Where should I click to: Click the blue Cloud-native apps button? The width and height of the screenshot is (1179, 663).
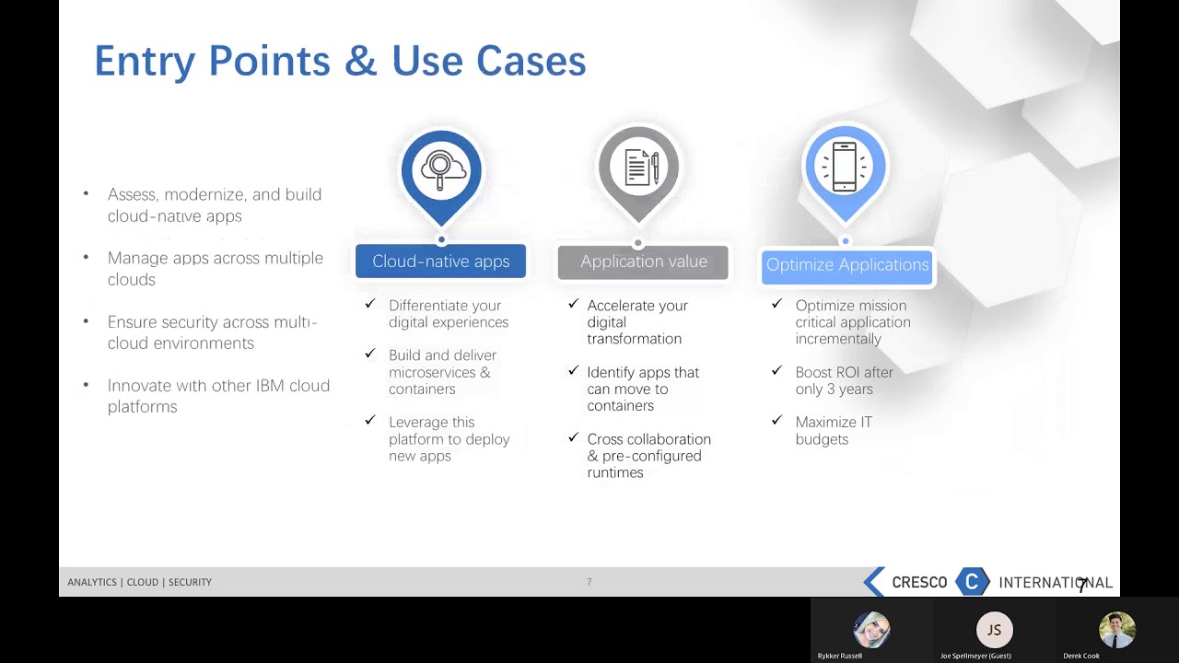tap(440, 262)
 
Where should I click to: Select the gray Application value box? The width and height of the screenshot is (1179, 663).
tap(643, 262)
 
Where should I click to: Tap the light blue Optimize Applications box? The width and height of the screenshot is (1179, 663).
tap(847, 265)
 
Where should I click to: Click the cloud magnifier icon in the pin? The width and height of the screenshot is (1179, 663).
tap(441, 169)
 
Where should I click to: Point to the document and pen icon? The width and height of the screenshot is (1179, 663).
tap(639, 168)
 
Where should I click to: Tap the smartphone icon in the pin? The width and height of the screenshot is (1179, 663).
tap(845, 168)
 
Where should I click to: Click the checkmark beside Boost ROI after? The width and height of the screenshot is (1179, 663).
tap(776, 371)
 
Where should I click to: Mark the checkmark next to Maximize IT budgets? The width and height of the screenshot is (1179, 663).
tap(776, 421)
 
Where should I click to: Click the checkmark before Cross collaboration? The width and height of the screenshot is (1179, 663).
tap(573, 437)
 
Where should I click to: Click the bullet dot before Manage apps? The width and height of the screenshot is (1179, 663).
tap(86, 258)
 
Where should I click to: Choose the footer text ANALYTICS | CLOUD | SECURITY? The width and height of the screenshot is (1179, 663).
tap(139, 582)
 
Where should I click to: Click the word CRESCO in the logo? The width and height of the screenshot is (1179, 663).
tap(919, 582)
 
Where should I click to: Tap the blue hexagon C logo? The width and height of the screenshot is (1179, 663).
tap(972, 581)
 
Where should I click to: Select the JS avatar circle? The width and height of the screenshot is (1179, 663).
tap(994, 630)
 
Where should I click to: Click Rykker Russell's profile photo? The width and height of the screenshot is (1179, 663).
tap(871, 630)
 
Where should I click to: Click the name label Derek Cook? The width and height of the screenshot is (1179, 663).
tap(1081, 656)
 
